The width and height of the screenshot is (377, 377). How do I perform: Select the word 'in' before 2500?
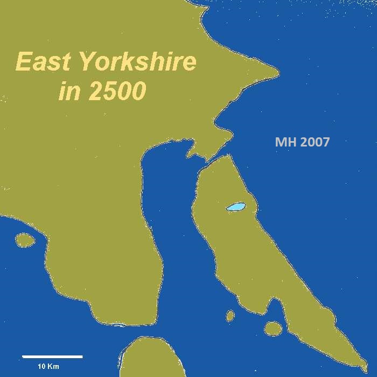[69, 92]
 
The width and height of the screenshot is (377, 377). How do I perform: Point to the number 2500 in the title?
[118, 92]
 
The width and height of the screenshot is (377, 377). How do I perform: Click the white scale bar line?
[52, 357]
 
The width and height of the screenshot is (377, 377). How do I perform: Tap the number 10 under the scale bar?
[41, 367]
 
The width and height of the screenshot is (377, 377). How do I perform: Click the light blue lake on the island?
[235, 207]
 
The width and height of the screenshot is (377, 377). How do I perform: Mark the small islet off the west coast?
[24, 240]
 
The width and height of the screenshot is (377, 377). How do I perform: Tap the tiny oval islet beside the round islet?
[231, 316]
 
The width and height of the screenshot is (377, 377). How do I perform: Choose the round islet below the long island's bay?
[273, 328]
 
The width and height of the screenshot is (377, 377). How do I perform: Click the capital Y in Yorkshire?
[86, 62]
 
